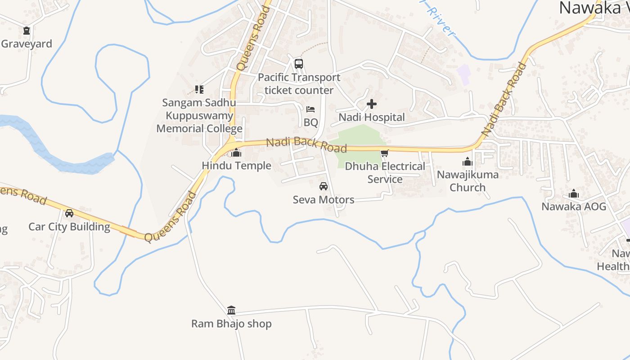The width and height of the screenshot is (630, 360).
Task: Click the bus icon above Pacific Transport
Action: tap(299, 64)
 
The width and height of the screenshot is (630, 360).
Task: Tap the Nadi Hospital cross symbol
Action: tap(372, 104)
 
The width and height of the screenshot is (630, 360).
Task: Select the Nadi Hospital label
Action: tap(372, 117)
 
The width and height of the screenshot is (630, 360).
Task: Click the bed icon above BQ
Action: tap(310, 109)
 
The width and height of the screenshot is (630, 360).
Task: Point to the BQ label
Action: tap(310, 122)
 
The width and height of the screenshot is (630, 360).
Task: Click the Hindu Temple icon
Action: tap(236, 153)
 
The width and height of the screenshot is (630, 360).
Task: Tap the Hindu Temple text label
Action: tap(236, 166)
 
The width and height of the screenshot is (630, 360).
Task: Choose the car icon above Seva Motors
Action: tap(323, 186)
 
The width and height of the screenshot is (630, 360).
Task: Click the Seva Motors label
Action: tap(323, 199)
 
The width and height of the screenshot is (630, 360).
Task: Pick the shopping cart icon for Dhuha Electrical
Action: tap(384, 153)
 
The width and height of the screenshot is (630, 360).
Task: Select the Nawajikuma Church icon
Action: tap(468, 162)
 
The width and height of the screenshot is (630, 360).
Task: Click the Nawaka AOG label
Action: tap(574, 207)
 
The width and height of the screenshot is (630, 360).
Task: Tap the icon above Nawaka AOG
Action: tap(574, 194)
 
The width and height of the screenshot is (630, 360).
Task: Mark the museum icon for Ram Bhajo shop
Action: tap(231, 310)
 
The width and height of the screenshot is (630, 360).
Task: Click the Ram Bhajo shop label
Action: tap(231, 324)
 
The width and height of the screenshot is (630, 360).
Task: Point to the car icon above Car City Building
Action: tap(69, 213)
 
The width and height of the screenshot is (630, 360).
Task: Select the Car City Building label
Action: tap(69, 226)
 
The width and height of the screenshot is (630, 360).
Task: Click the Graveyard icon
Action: tap(27, 31)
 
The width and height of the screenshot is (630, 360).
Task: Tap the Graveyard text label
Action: tap(27, 44)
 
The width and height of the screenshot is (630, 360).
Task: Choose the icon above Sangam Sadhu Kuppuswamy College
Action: tap(199, 90)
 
